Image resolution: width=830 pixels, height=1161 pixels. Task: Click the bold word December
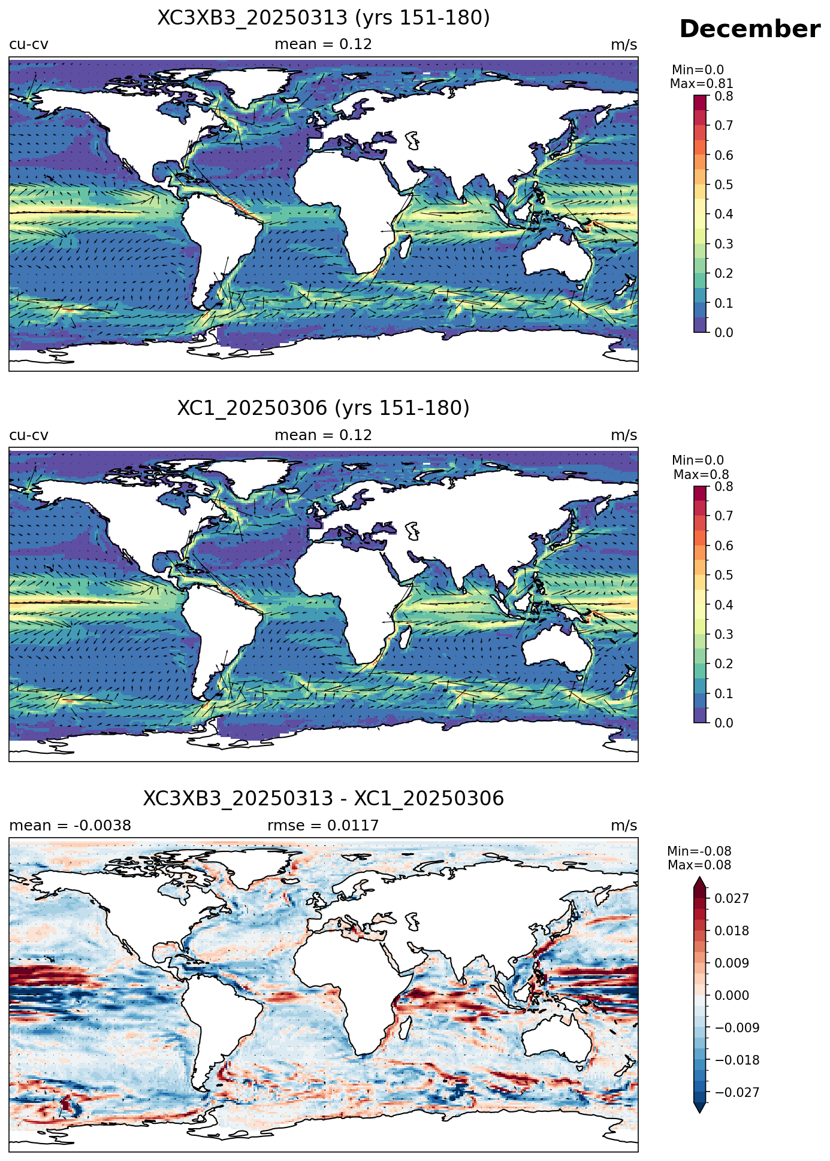tap(749, 29)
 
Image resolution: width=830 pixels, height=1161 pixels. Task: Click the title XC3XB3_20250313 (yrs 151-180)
tap(324, 18)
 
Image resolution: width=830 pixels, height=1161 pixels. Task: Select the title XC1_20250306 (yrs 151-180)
tap(324, 408)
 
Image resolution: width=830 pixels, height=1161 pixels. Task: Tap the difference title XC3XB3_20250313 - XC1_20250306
tap(324, 799)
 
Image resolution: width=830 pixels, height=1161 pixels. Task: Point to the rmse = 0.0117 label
tap(323, 826)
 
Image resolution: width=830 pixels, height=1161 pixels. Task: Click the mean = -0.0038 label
tap(70, 826)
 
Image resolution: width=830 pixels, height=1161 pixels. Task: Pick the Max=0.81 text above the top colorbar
tap(701, 84)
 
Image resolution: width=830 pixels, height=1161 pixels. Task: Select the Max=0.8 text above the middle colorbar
tap(701, 475)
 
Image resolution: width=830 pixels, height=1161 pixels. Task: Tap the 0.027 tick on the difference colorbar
tap(731, 898)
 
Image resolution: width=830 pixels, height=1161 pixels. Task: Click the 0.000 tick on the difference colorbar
tap(731, 995)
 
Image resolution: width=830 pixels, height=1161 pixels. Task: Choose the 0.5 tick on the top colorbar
tap(724, 184)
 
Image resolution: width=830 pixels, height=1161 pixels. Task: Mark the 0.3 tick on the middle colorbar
tap(724, 634)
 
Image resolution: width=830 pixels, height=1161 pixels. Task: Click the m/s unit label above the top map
tap(624, 45)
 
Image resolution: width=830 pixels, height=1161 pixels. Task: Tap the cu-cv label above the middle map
tap(29, 435)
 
